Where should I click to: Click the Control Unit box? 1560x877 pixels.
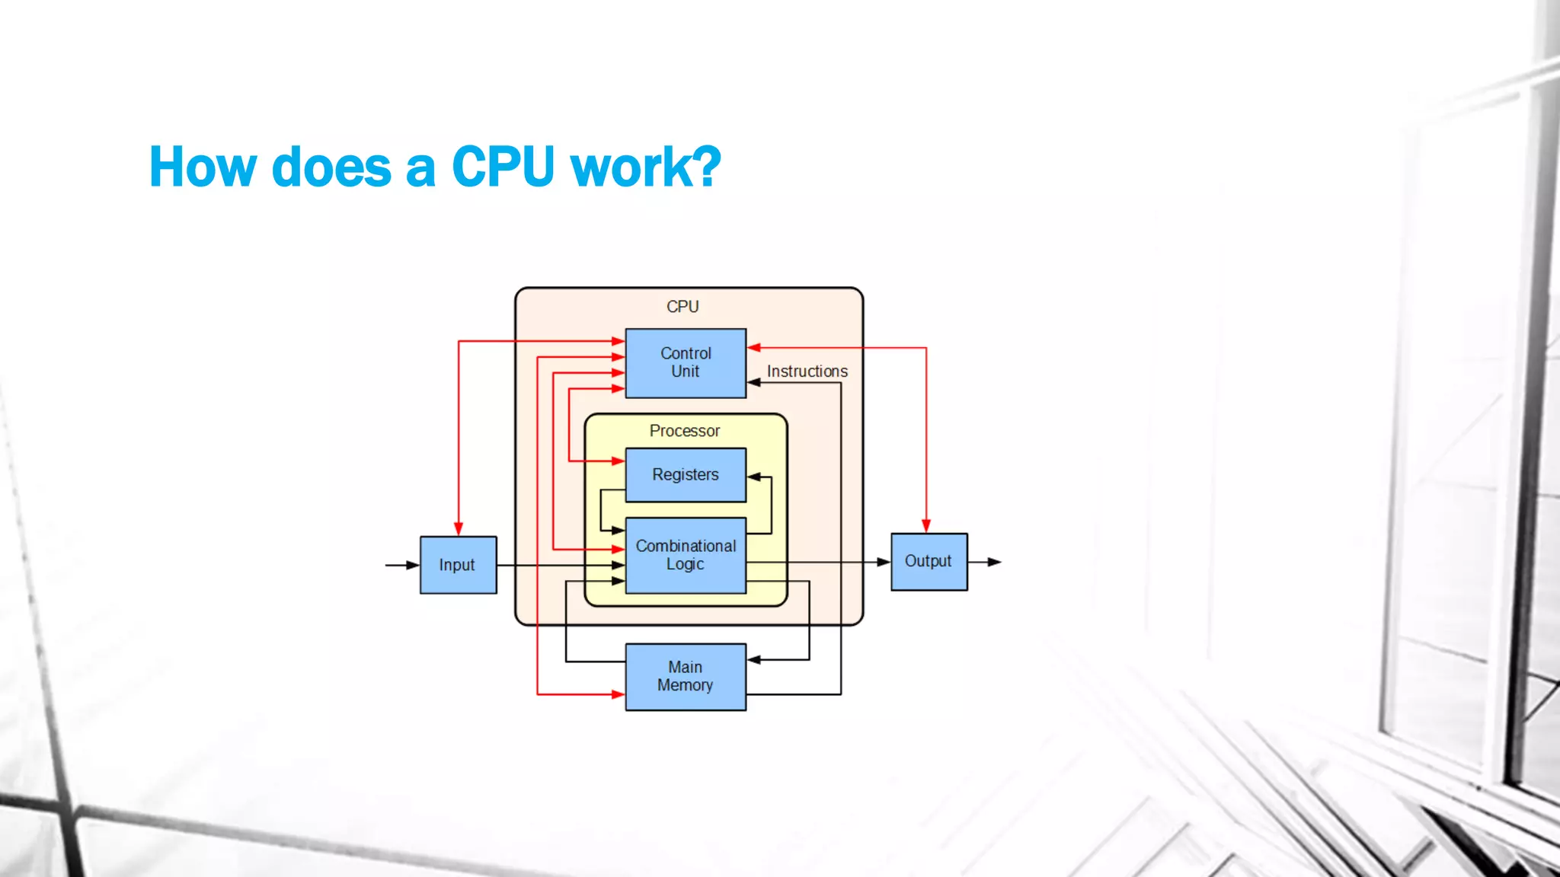686,363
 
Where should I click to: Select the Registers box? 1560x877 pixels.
686,475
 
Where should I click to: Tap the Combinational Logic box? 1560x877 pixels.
686,556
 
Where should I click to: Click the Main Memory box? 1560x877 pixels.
686,677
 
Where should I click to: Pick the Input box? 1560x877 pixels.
458,565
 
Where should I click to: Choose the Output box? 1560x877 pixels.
929,562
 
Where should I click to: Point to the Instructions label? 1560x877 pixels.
807,372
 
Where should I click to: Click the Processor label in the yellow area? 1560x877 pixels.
684,431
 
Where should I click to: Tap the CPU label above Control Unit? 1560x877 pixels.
682,307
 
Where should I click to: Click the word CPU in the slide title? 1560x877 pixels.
503,167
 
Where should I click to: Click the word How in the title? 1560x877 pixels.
203,167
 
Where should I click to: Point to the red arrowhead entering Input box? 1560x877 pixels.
459,529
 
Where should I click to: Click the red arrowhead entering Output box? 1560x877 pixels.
926,526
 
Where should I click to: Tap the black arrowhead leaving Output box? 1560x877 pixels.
994,562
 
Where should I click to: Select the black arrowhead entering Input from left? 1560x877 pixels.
413,565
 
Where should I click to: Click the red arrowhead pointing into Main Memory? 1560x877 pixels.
618,694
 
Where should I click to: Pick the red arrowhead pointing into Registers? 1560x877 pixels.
618,461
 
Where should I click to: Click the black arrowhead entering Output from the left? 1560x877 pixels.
884,562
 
